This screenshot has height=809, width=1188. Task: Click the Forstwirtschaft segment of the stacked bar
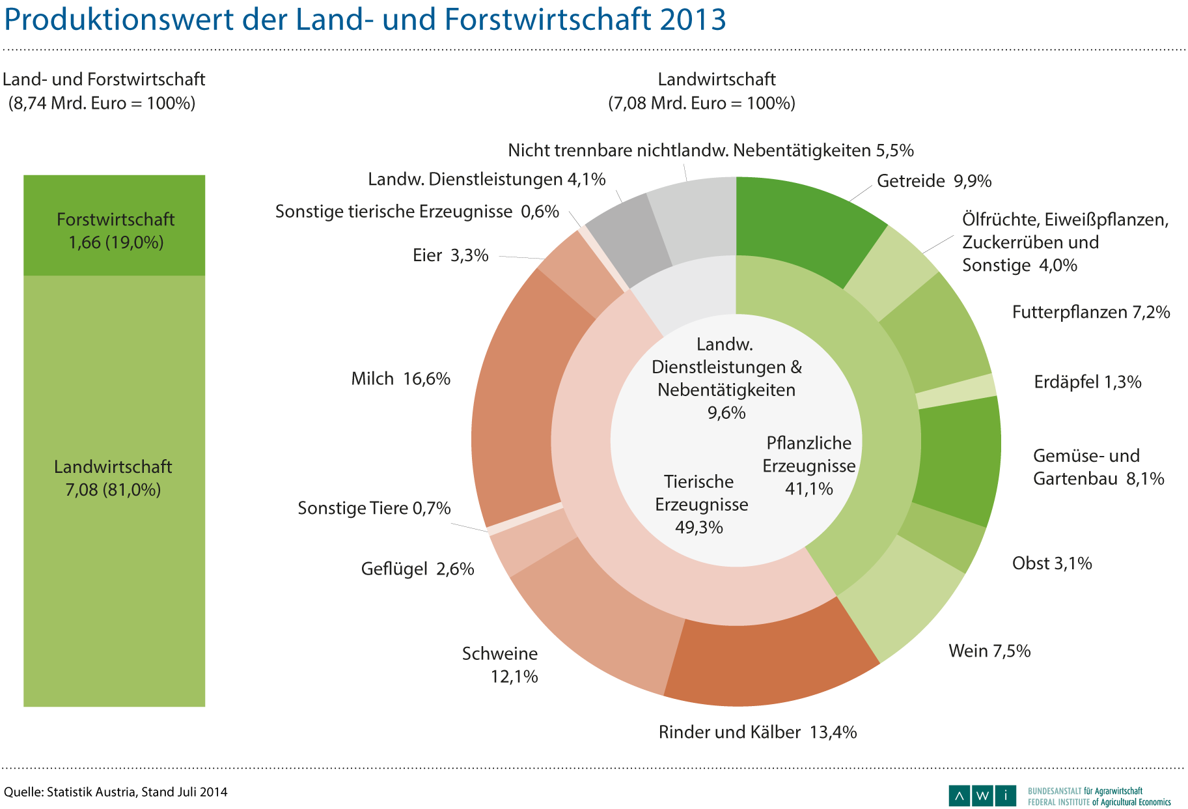115,225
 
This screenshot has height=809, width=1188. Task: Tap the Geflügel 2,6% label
417,569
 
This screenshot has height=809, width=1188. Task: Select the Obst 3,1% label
1052,563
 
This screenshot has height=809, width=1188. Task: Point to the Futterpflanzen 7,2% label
1091,313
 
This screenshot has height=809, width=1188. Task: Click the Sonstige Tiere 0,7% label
374,508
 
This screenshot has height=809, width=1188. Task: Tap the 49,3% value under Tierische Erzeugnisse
699,527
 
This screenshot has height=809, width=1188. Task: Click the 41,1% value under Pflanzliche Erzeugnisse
809,489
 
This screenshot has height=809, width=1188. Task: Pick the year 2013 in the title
692,20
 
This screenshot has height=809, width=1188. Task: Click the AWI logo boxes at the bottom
982,795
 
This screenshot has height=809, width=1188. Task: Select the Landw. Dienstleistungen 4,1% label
487,179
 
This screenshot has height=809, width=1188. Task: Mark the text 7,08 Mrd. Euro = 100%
702,103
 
